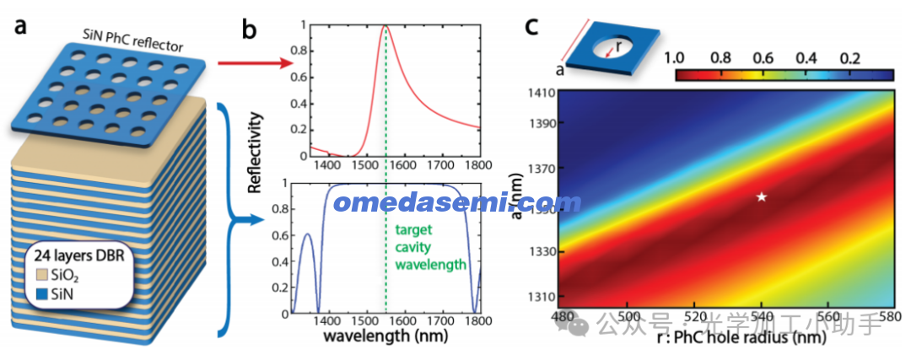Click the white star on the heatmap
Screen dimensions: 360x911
point(761,196)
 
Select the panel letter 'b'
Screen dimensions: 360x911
point(250,31)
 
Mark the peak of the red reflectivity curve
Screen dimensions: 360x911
point(385,25)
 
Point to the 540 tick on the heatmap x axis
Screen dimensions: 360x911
point(761,314)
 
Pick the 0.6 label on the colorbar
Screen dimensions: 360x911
point(761,59)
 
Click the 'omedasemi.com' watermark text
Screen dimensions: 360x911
point(456,203)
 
